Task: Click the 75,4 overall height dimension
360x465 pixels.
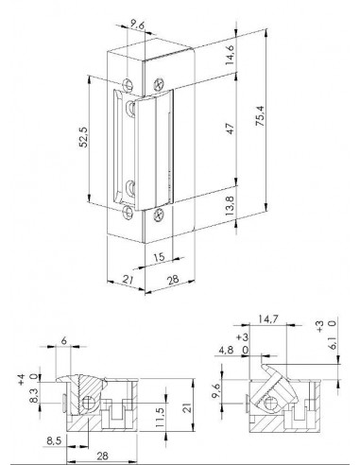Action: (261, 116)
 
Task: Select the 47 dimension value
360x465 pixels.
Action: (231, 129)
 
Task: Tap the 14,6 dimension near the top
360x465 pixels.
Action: (230, 55)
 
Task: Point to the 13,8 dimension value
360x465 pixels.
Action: (230, 206)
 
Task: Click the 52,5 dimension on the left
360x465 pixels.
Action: (83, 137)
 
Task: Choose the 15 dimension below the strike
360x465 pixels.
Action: (160, 257)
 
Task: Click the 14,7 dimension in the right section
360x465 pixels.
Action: (267, 319)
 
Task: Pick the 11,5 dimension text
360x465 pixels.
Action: (160, 418)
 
